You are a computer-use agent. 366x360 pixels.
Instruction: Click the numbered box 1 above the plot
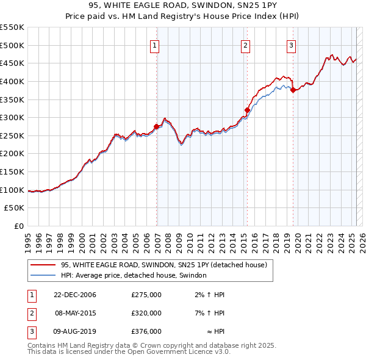(x=155, y=45)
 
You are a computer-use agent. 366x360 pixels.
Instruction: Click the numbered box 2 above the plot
(x=245, y=45)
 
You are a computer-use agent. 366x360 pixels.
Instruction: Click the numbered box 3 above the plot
(x=292, y=45)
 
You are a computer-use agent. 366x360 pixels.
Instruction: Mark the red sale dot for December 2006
(x=157, y=127)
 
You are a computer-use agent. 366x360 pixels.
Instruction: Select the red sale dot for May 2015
(x=247, y=110)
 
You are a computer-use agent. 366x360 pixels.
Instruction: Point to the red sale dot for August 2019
(x=293, y=90)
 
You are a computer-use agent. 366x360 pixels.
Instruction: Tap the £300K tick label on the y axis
(x=12, y=117)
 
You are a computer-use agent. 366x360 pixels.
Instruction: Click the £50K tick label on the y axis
(x=15, y=208)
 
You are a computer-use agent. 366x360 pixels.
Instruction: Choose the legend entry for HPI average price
(x=134, y=276)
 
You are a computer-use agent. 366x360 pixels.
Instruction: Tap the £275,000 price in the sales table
(x=146, y=295)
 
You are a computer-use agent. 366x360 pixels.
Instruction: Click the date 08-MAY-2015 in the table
(x=75, y=313)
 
